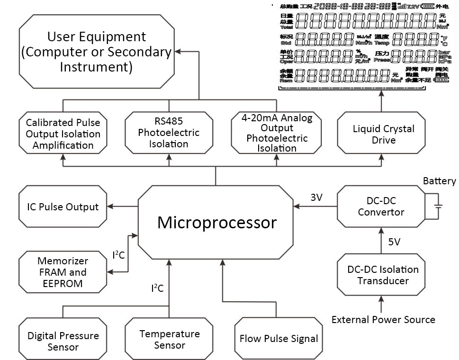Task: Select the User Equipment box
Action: coord(96,52)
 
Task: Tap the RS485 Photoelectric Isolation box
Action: coord(169,133)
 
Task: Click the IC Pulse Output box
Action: coord(63,207)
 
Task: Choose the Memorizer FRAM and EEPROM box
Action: coord(63,272)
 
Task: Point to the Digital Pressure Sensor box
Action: coord(63,341)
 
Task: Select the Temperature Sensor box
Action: coord(169,340)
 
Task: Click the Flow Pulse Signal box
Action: coord(278,339)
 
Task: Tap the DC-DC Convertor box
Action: coord(380,206)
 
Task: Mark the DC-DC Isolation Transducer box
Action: coord(383,275)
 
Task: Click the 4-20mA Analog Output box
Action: coord(277,133)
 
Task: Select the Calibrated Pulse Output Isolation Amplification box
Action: coord(63,134)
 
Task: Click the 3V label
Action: coord(316,198)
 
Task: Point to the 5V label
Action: coord(394,242)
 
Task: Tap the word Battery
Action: coord(439,181)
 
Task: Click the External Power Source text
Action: coord(383,320)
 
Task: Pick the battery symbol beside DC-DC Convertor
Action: coord(440,206)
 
